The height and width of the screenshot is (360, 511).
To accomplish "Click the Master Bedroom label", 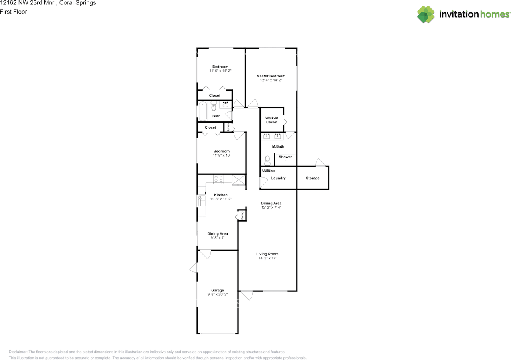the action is pyautogui.click(x=271, y=76).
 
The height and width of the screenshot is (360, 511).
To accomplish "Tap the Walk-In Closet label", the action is pyautogui.click(x=272, y=120).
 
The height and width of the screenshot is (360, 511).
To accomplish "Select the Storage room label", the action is pyautogui.click(x=313, y=178).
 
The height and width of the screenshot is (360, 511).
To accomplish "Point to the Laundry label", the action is pyautogui.click(x=278, y=178).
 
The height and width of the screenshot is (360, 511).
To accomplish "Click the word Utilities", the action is pyautogui.click(x=269, y=170).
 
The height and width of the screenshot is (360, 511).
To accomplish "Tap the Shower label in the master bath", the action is pyautogui.click(x=285, y=157).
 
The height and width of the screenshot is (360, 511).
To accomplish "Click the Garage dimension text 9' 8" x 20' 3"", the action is pyautogui.click(x=218, y=294).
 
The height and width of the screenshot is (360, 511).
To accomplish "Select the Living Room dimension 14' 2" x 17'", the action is pyautogui.click(x=267, y=258).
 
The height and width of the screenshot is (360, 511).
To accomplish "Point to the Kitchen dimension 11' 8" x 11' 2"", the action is pyautogui.click(x=221, y=199).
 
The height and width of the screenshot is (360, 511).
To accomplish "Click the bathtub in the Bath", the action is pyautogui.click(x=203, y=111).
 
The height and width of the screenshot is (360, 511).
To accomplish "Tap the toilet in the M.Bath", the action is pyautogui.click(x=267, y=160).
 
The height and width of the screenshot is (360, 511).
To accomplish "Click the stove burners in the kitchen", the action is pyautogui.click(x=218, y=179).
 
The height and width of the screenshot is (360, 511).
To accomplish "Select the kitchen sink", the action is pyautogui.click(x=202, y=200).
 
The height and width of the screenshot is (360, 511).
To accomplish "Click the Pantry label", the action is pyautogui.click(x=242, y=215).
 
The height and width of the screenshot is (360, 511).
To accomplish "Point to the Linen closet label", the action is pyautogui.click(x=228, y=127).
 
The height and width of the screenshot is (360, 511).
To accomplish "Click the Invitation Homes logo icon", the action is pyautogui.click(x=426, y=14).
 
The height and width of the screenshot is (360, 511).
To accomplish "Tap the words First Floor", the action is pyautogui.click(x=14, y=12).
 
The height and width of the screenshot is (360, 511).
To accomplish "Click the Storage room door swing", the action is pyautogui.click(x=320, y=162).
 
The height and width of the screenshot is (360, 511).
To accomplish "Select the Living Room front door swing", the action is pyautogui.click(x=247, y=295).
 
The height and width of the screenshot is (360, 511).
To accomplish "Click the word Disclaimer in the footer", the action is pyautogui.click(x=18, y=352).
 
